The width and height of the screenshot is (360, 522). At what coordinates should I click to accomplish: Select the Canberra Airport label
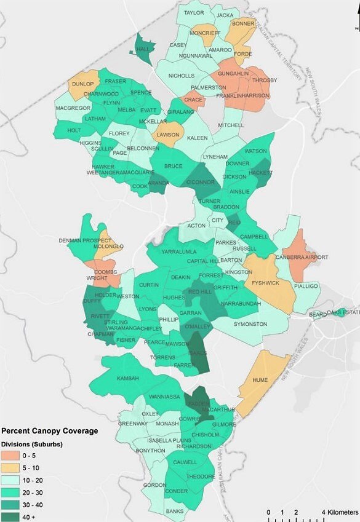coord(302,257)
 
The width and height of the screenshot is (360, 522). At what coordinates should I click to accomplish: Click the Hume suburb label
coord(260,381)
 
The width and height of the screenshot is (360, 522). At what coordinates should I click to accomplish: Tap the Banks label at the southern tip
coord(175,511)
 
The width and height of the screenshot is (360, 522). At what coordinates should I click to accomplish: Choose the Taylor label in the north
coord(194,12)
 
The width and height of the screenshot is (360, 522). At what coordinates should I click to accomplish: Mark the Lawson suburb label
coord(167,135)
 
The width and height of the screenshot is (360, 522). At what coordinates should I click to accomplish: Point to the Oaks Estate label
coord(342,312)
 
